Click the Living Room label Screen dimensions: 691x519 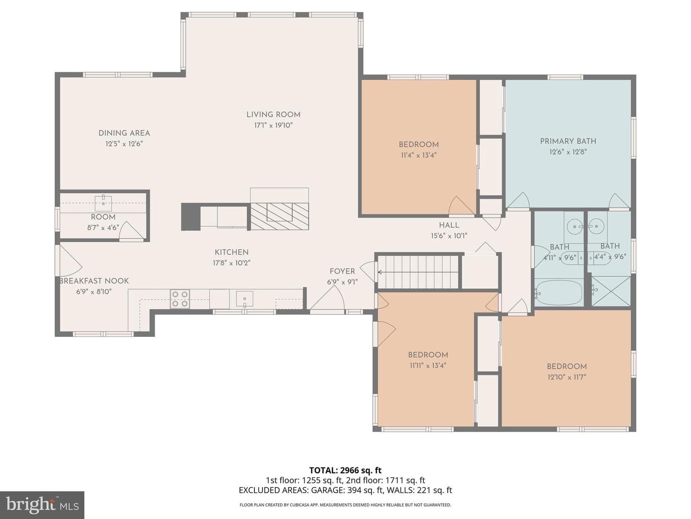(273, 115)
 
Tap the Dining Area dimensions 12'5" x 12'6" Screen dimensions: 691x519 (124, 144)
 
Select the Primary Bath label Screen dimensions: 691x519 (568, 141)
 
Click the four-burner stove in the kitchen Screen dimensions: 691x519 (180, 299)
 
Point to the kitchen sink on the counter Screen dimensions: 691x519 (245, 299)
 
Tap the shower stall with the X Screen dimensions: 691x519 (611, 291)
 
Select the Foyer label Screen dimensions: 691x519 (342, 272)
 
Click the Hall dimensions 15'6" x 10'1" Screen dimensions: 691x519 (449, 235)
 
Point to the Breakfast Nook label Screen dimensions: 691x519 (94, 281)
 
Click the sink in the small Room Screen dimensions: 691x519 (103, 203)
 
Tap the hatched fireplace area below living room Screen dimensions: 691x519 (280, 216)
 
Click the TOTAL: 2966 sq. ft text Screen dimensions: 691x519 (345, 470)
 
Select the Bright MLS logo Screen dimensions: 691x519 (42, 505)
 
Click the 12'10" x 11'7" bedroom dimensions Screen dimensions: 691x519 (567, 377)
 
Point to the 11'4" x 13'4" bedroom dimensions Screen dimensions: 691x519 (419, 155)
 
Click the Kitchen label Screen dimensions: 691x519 (232, 252)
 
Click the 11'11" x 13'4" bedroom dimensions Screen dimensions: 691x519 (428, 365)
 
